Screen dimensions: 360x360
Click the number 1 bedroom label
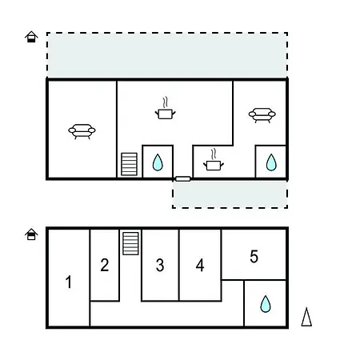coord(69,282)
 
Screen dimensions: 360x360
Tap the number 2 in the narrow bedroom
coord(105,265)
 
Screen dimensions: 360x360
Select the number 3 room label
coord(160,266)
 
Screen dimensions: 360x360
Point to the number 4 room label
coord(200,266)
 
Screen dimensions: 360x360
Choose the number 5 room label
coord(254,257)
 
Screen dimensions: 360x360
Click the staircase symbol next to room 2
coord(130,243)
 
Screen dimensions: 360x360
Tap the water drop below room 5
coord(266,304)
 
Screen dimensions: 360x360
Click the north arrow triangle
coord(306,317)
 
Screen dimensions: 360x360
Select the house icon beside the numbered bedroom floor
coord(31,234)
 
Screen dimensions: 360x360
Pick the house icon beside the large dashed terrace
coord(31,37)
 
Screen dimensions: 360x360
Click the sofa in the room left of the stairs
coord(82,131)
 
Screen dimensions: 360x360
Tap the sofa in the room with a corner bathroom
coord(262,115)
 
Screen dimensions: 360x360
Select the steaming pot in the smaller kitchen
coord(214,160)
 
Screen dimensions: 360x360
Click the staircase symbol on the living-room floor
coord(130,164)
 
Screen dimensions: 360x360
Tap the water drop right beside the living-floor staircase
coord(158,162)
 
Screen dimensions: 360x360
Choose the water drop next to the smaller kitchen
coord(271,162)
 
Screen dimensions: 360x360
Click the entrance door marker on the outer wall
coord(183,179)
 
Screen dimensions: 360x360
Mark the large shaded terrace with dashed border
coord(167,55)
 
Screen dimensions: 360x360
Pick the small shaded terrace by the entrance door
coord(230,194)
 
